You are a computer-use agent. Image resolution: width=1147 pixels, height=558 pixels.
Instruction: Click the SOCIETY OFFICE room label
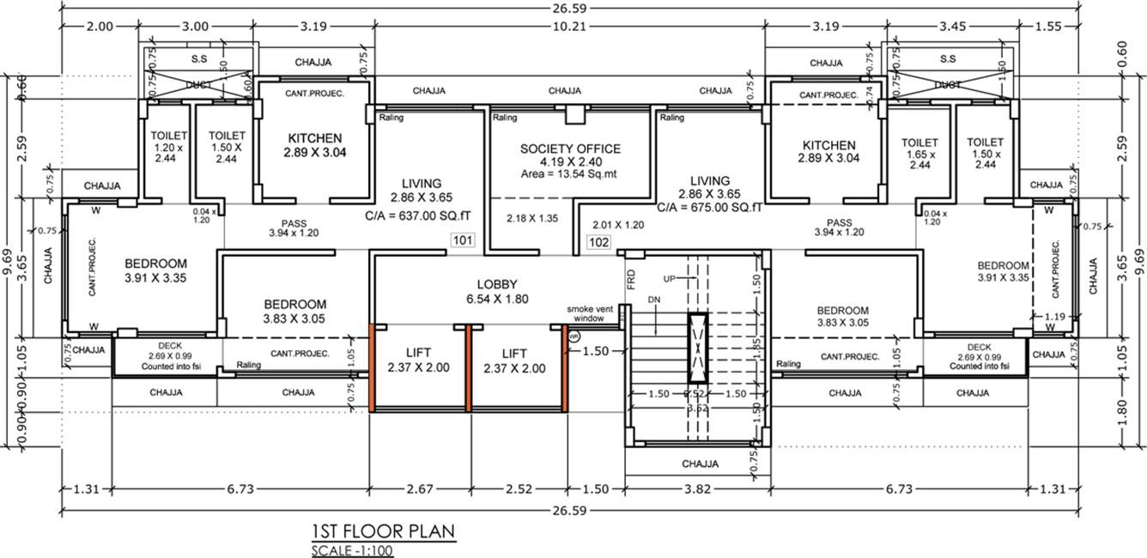tap(570, 149)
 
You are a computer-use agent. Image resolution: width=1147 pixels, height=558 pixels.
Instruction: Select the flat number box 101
tap(462, 241)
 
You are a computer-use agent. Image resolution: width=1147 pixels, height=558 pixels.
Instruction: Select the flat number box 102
tap(598, 243)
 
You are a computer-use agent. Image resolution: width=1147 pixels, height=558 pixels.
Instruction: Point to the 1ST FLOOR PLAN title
tap(384, 531)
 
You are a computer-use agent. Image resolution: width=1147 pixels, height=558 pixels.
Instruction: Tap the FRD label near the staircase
tap(631, 279)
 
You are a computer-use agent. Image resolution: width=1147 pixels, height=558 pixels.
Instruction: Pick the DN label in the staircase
tap(655, 300)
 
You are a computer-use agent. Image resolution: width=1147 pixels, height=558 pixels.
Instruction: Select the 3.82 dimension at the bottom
tap(697, 489)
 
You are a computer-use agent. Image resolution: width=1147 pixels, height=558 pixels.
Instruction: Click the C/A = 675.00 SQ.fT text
tap(710, 207)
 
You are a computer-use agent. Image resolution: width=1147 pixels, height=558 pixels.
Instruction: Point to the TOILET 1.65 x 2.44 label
tap(919, 154)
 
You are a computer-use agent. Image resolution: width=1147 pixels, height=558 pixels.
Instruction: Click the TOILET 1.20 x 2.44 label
tap(163, 147)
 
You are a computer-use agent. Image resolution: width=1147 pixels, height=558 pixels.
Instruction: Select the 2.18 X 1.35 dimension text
tap(531, 218)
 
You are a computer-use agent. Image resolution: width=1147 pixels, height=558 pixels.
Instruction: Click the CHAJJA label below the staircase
tap(700, 464)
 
